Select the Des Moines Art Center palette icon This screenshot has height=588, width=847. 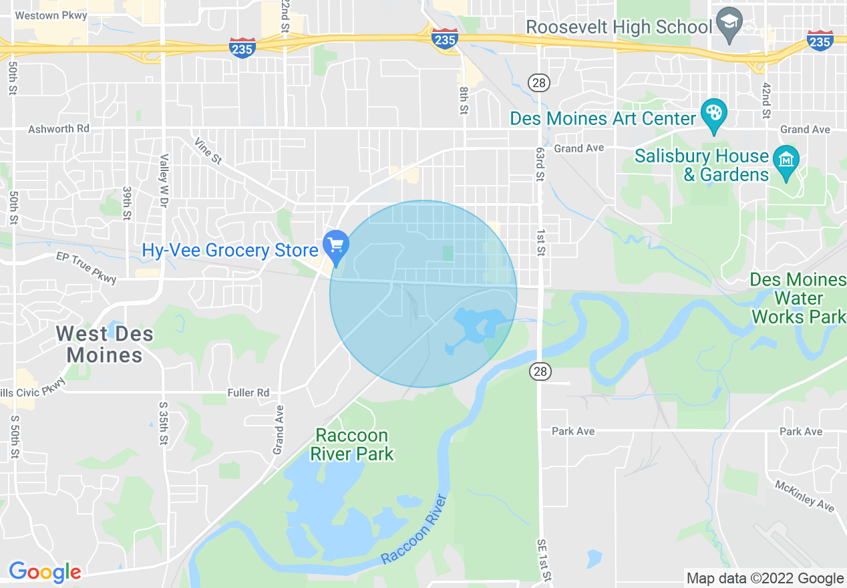pyautogui.click(x=713, y=116)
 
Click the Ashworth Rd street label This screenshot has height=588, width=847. pyautogui.click(x=59, y=129)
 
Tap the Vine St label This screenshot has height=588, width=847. pyautogui.click(x=207, y=151)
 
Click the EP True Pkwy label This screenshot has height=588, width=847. pyautogui.click(x=86, y=267)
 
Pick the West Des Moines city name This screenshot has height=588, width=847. pyautogui.click(x=105, y=344)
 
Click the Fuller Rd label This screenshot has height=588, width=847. pyautogui.click(x=248, y=393)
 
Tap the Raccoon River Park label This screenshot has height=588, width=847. pyautogui.click(x=352, y=445)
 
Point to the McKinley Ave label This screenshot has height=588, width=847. pyautogui.click(x=804, y=495)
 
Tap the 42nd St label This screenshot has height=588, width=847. pyautogui.click(x=766, y=101)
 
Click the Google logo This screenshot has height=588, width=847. pyautogui.click(x=45, y=573)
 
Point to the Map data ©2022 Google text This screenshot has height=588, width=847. pyautogui.click(x=766, y=579)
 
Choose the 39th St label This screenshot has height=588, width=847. pyautogui.click(x=127, y=203)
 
